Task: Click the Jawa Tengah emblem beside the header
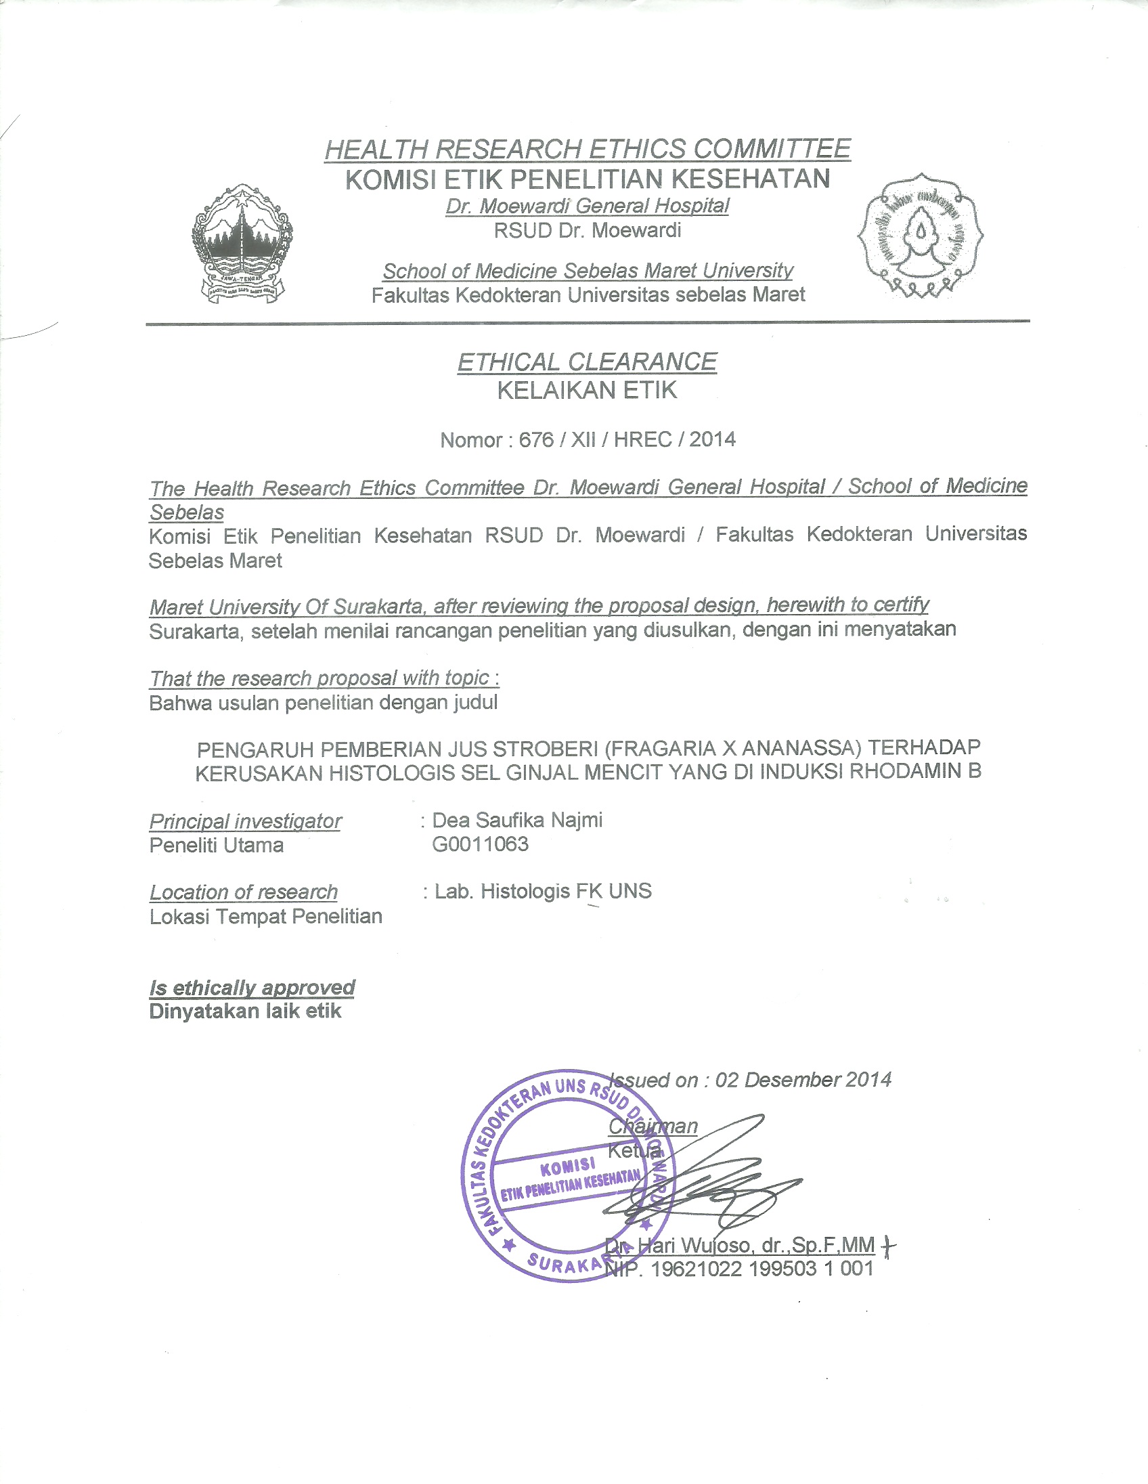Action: tap(242, 243)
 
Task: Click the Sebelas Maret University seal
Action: tap(920, 235)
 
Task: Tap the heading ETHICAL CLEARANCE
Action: tap(587, 362)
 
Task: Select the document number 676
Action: tap(536, 439)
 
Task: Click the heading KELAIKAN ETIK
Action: tap(587, 391)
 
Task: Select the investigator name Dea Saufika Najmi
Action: tap(517, 820)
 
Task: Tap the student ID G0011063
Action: tap(481, 844)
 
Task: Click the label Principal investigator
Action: tap(245, 821)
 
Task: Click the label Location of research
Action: tap(243, 892)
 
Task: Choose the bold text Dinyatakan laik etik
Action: tap(245, 1011)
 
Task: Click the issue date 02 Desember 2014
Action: tap(803, 1080)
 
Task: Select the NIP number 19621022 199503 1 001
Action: tap(761, 1269)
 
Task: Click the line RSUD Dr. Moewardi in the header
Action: tap(587, 231)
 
